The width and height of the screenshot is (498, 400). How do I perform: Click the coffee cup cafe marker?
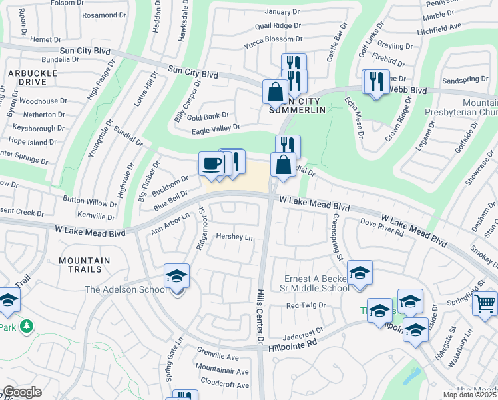pos(212,164)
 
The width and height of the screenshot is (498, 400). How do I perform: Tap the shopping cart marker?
pos(485,303)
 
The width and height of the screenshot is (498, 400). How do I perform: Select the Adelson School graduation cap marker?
pos(176,276)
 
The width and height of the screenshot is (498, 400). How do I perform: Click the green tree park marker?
pos(27,326)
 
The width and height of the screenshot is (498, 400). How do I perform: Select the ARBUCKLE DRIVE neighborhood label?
pos(28,77)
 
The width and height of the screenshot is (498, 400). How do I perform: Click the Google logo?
pos(22,392)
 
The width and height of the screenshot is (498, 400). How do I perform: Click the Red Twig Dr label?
pos(305,305)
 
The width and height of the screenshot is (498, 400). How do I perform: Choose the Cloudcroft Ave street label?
pos(224,385)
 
